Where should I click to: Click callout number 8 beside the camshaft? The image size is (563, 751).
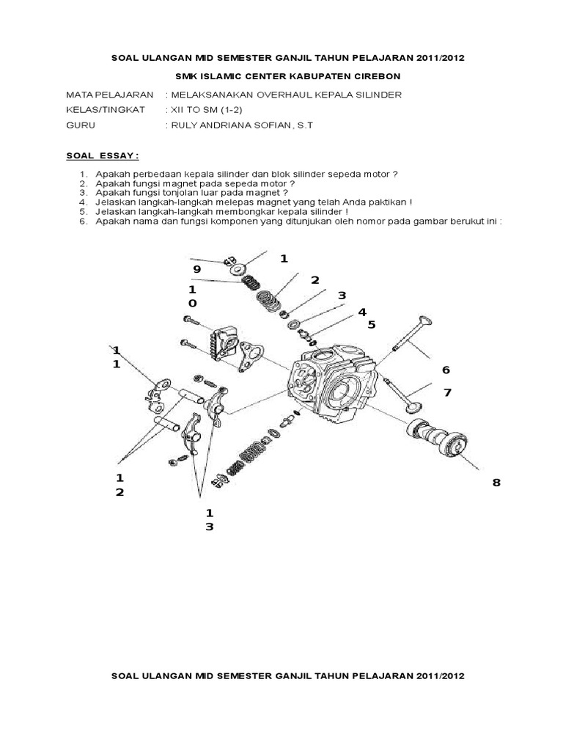(x=496, y=482)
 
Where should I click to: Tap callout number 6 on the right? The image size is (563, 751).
(x=445, y=369)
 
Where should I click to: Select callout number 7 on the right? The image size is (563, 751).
(x=446, y=393)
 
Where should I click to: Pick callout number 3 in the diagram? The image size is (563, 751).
(x=341, y=296)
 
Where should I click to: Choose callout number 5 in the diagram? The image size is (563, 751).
(x=371, y=324)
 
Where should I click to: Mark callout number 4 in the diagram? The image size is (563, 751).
(x=361, y=312)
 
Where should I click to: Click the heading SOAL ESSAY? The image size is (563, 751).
(x=102, y=156)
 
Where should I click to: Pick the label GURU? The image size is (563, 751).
(x=81, y=125)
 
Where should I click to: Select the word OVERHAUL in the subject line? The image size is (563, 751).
(x=276, y=95)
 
